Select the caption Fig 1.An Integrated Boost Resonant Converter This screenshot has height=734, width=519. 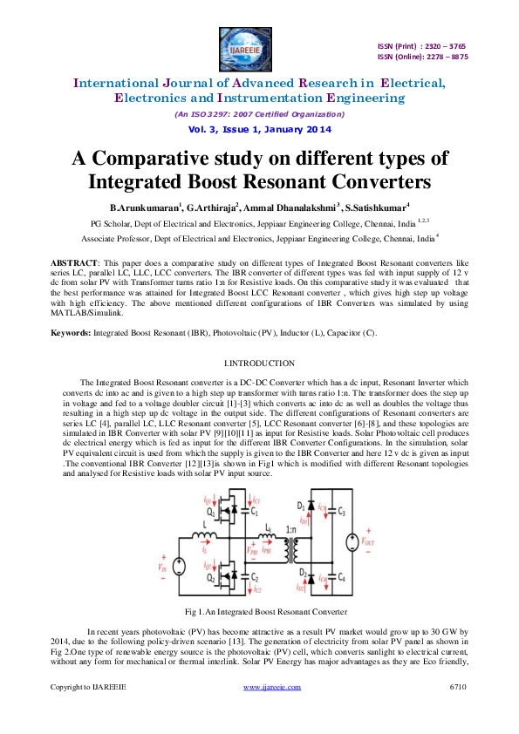tap(259, 611)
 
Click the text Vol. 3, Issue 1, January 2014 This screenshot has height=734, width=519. tap(259, 129)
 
